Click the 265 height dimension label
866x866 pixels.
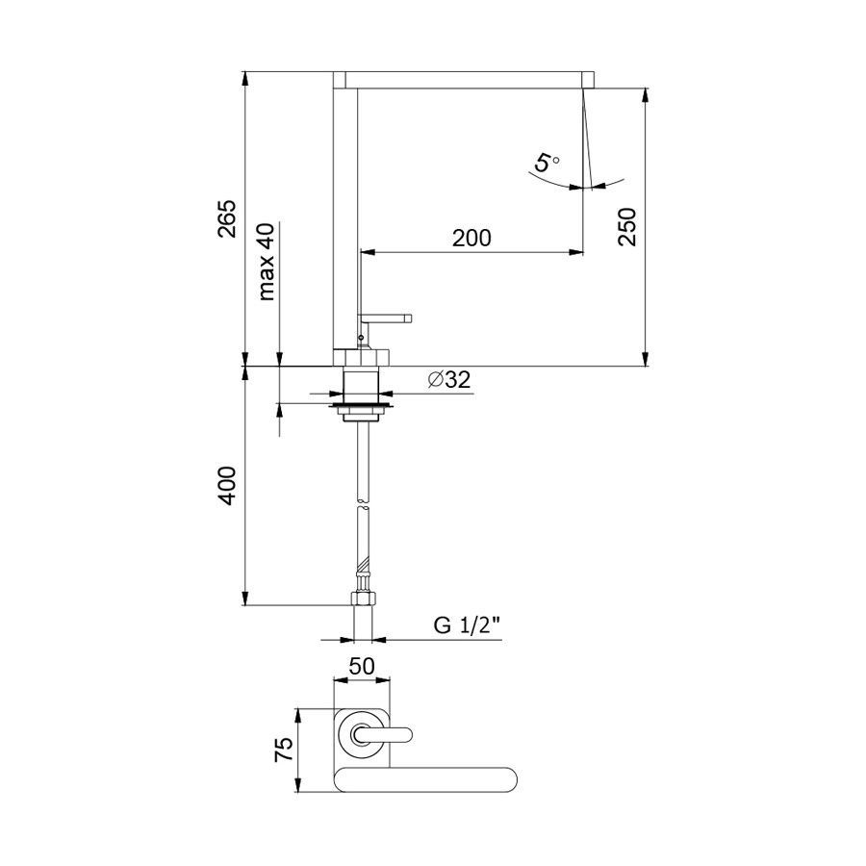pos(226,218)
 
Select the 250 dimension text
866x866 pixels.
pos(627,227)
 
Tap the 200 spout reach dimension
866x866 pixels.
pos(471,238)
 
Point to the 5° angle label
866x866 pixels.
pos(547,164)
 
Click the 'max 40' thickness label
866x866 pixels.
pos(267,261)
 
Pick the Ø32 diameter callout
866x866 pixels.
pos(449,379)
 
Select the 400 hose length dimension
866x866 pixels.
pos(226,486)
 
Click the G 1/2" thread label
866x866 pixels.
pos(467,625)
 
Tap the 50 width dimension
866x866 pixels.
pos(362,666)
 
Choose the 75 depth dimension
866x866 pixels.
pos(284,750)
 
